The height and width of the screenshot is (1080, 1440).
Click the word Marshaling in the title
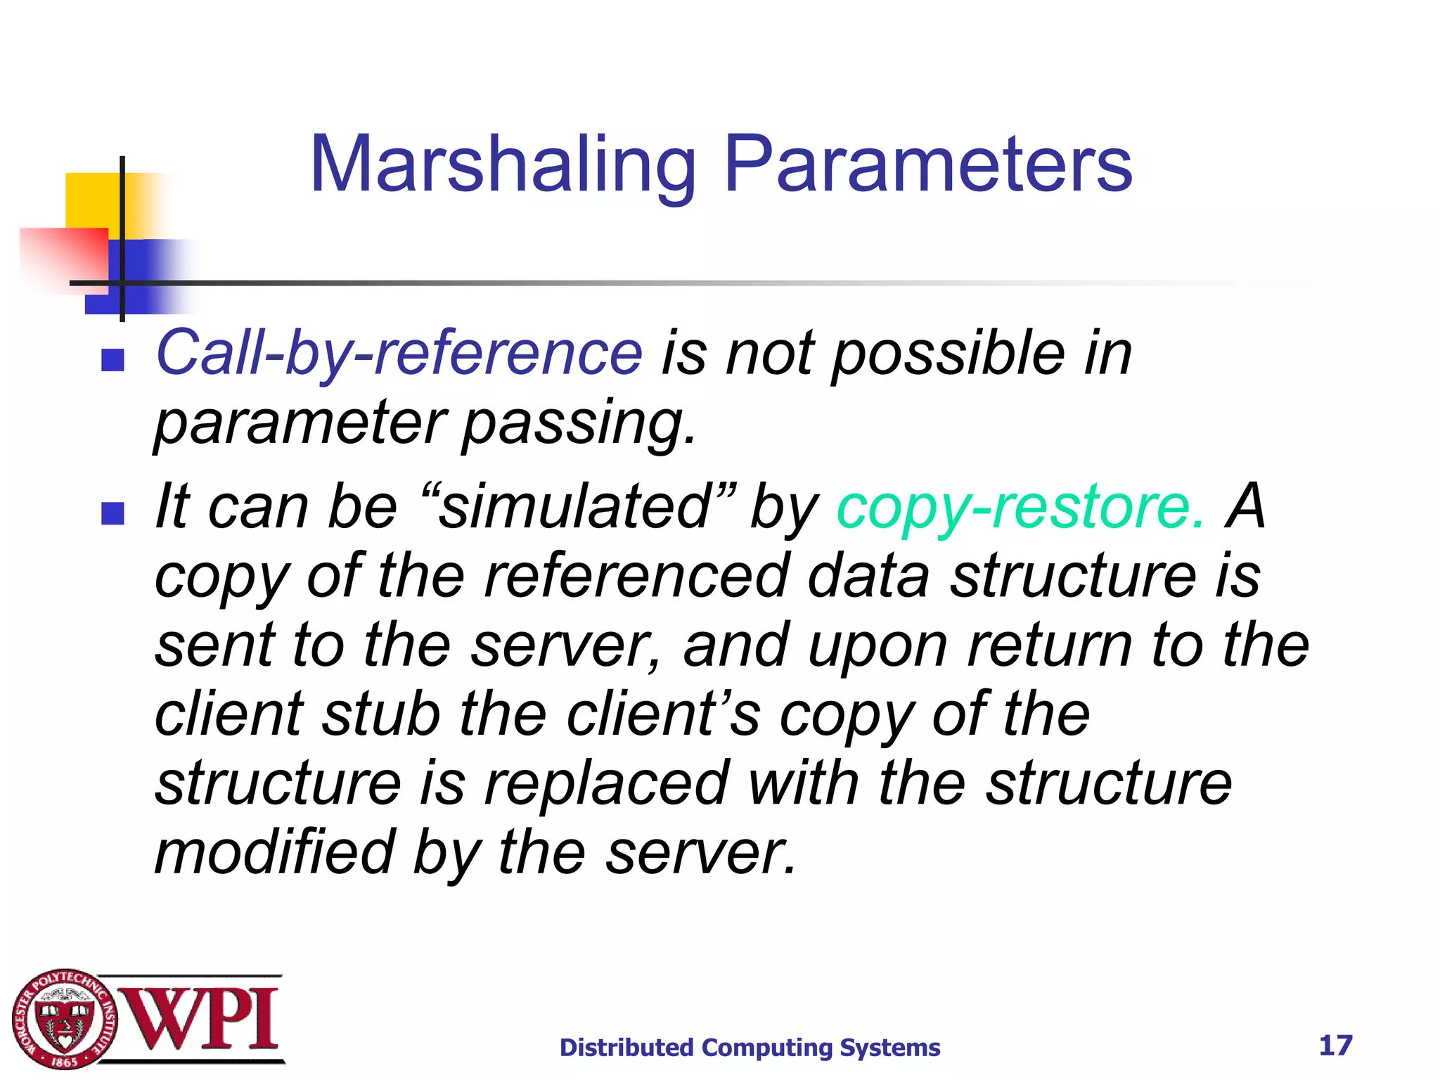[x=503, y=165]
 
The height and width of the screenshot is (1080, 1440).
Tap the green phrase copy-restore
[x=1020, y=507]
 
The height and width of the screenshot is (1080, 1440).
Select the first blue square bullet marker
[x=112, y=360]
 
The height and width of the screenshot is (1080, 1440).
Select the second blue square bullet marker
[x=112, y=513]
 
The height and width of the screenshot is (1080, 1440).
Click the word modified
[x=274, y=853]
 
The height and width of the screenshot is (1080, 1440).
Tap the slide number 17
[x=1335, y=1046]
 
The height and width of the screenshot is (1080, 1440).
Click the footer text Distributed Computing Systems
[x=750, y=1048]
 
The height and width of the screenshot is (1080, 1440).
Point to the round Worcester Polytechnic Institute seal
[x=64, y=1020]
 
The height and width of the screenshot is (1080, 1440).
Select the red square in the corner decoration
[x=63, y=257]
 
